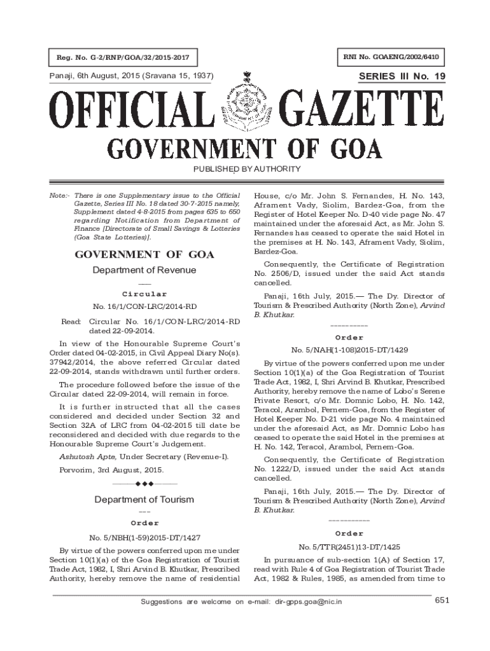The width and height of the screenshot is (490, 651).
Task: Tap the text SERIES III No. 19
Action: click(402, 76)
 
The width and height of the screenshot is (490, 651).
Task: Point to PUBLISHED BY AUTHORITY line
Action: click(244, 168)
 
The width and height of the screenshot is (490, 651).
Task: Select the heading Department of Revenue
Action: click(144, 270)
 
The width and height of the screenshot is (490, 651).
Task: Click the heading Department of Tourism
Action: click(144, 499)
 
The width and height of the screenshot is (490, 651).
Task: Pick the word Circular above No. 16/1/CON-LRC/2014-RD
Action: click(144, 294)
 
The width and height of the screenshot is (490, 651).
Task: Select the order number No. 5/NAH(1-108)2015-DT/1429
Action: click(349, 350)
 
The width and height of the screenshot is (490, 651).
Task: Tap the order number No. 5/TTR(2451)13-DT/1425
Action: click(349, 547)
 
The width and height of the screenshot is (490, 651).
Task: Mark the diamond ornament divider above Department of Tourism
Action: click(144, 484)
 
